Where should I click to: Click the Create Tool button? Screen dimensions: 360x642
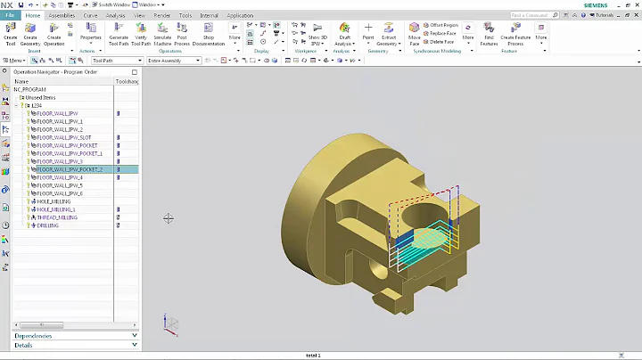click(x=11, y=34)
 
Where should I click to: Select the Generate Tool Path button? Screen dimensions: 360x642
click(x=118, y=34)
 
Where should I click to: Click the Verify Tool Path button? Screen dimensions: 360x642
click(x=141, y=34)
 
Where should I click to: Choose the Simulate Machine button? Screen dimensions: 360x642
click(x=162, y=34)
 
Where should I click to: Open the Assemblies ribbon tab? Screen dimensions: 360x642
click(x=62, y=15)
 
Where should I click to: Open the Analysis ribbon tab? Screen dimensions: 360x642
click(x=115, y=15)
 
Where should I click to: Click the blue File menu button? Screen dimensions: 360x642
click(x=11, y=15)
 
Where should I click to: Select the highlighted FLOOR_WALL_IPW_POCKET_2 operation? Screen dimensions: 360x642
click(x=70, y=169)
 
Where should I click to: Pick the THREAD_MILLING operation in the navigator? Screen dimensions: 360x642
click(x=55, y=217)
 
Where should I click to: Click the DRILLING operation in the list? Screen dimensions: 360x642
click(x=47, y=225)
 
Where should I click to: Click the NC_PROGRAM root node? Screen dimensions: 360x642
click(x=30, y=89)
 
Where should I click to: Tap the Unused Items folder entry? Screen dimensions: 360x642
click(x=39, y=97)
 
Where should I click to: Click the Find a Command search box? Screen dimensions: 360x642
click(x=542, y=15)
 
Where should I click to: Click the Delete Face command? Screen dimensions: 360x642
click(x=441, y=41)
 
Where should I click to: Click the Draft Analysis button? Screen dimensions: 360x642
click(x=344, y=34)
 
